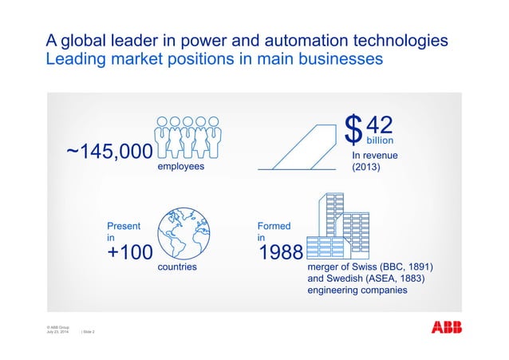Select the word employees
180,168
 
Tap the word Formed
274,226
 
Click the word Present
124,226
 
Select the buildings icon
338,224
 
